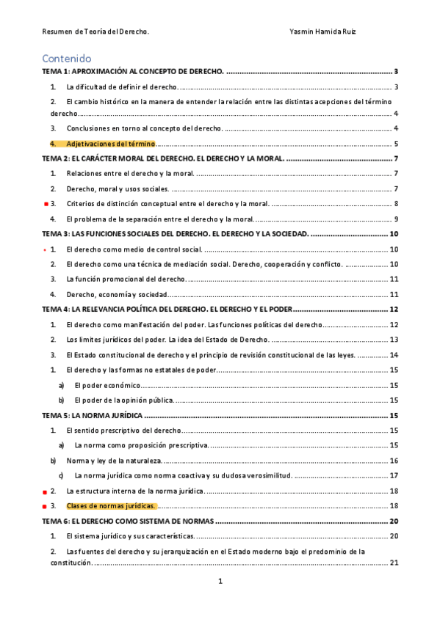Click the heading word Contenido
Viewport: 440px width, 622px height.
tap(67, 58)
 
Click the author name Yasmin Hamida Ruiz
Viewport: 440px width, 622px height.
tap(323, 32)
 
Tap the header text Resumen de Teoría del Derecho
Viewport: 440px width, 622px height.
tap(95, 32)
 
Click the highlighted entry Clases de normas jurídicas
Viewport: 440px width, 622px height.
tap(111, 506)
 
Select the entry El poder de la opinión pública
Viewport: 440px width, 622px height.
tap(123, 400)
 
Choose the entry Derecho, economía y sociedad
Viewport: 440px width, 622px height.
tap(117, 294)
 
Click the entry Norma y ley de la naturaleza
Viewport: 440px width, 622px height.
tap(113, 461)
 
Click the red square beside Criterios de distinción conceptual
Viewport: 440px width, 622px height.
tap(46, 204)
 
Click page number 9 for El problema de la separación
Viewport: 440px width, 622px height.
tap(395, 219)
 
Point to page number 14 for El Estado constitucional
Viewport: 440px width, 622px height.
tap(394, 355)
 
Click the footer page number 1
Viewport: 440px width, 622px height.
tap(220, 582)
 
